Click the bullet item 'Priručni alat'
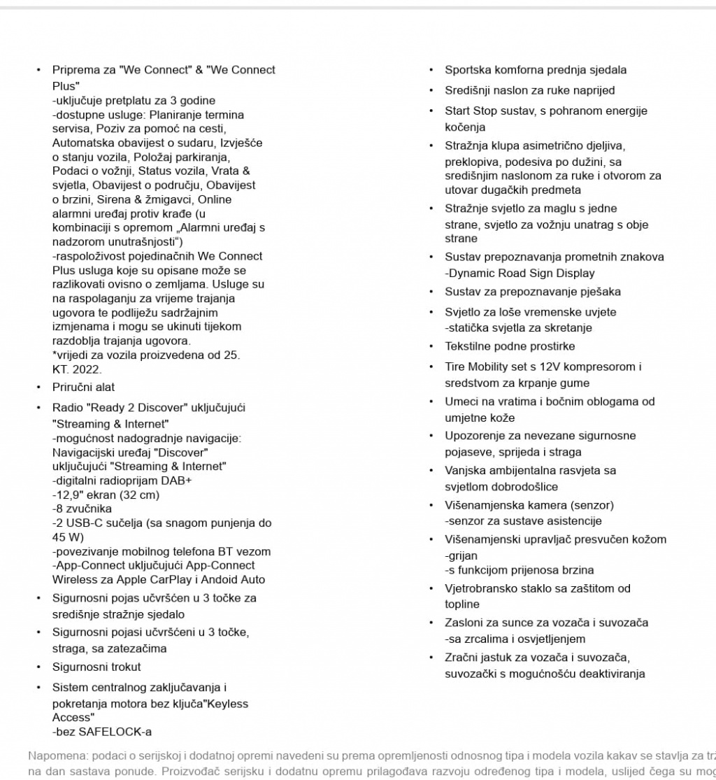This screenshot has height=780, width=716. (x=83, y=387)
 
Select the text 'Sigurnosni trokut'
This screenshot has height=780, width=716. (x=96, y=667)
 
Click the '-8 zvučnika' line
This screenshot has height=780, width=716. (x=82, y=509)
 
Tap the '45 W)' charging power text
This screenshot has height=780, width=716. (x=68, y=537)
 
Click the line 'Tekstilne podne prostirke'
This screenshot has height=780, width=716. (x=510, y=346)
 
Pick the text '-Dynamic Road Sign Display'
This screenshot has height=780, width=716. (x=520, y=273)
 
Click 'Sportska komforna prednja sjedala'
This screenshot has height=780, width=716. (x=536, y=70)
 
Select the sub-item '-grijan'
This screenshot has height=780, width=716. (x=461, y=555)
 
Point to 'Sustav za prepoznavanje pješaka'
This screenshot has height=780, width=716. (x=533, y=292)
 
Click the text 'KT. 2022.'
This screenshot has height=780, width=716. (x=77, y=369)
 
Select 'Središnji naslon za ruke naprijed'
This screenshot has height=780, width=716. (x=530, y=90)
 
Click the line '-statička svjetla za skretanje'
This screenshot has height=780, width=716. (x=518, y=327)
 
